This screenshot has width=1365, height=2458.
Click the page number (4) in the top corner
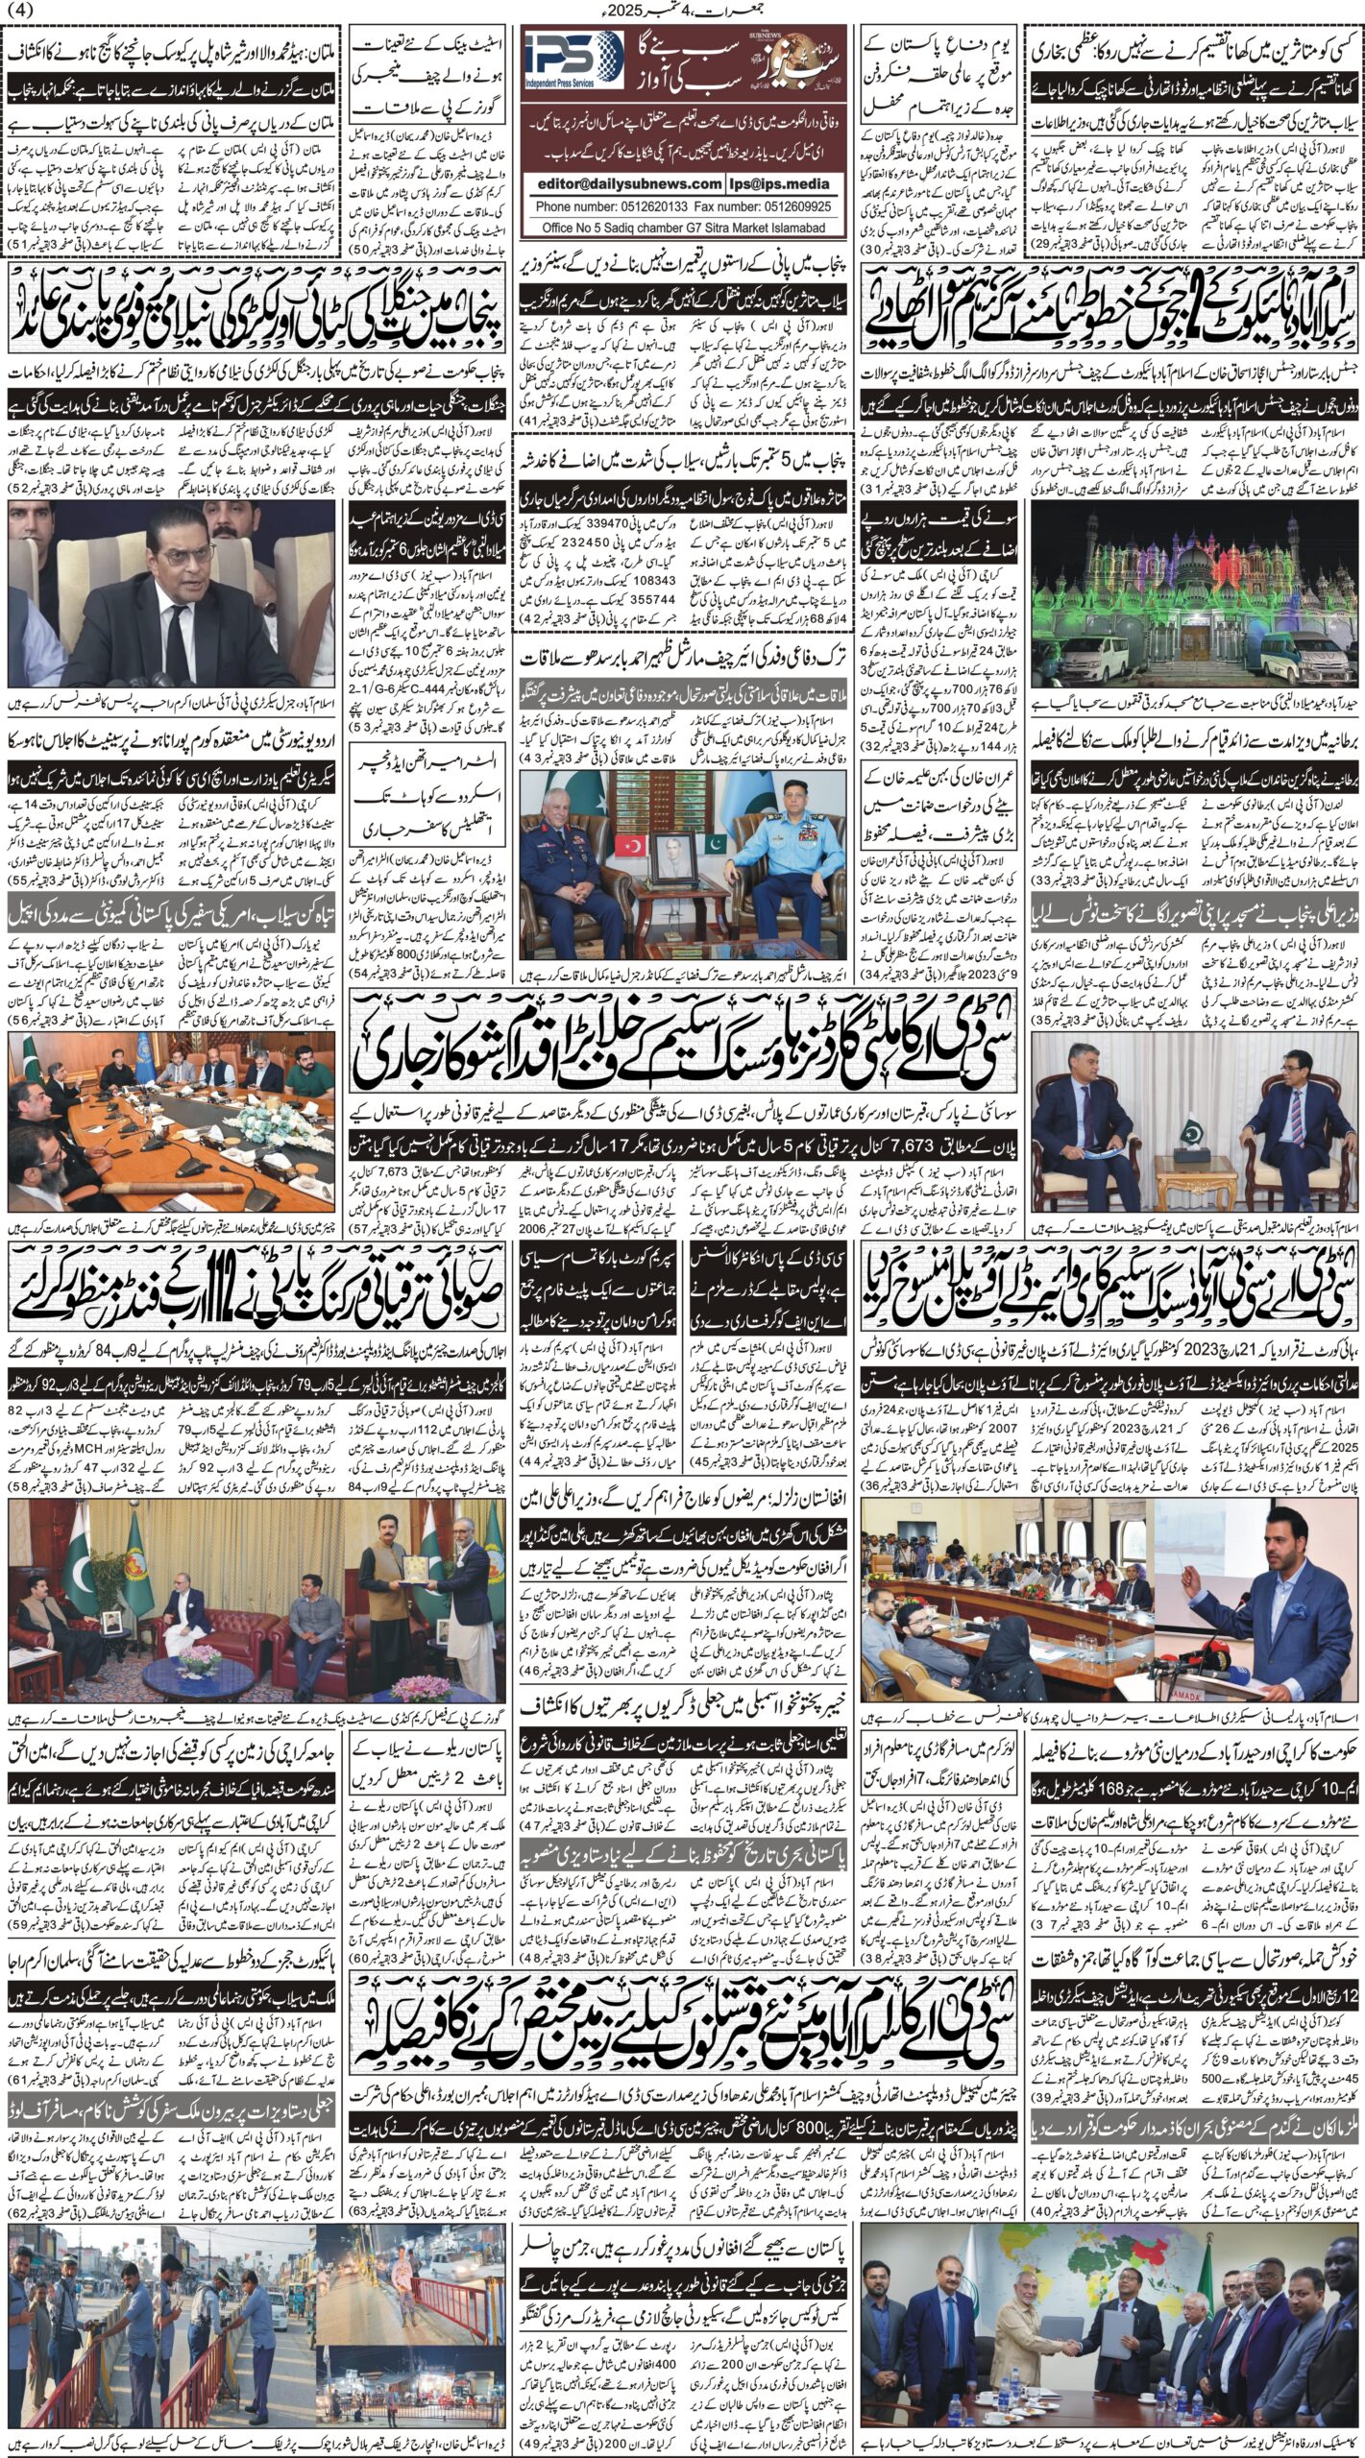tap(20, 11)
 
